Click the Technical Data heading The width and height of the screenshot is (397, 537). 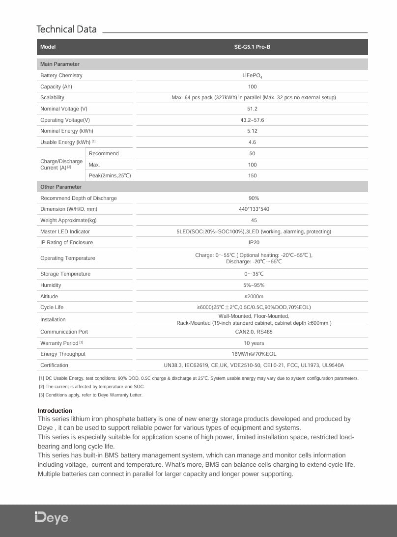point(67,29)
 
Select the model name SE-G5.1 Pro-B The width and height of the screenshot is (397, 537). point(252,47)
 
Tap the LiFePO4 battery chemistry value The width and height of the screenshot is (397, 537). point(252,76)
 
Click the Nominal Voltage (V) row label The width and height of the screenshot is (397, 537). point(64,109)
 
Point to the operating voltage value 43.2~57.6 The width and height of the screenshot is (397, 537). point(252,120)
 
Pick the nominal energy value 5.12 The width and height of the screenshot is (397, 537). point(252,131)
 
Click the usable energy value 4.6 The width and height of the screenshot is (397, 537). point(252,142)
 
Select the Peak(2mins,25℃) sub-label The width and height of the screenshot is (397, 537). point(110,175)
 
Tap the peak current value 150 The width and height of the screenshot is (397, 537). point(252,175)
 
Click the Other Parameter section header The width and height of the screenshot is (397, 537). point(61,187)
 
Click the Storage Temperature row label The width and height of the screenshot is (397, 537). point(65,274)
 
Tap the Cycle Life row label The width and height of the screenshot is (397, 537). point(52,307)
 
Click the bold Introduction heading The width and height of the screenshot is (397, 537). point(55,411)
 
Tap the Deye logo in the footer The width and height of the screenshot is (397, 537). point(52,517)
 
